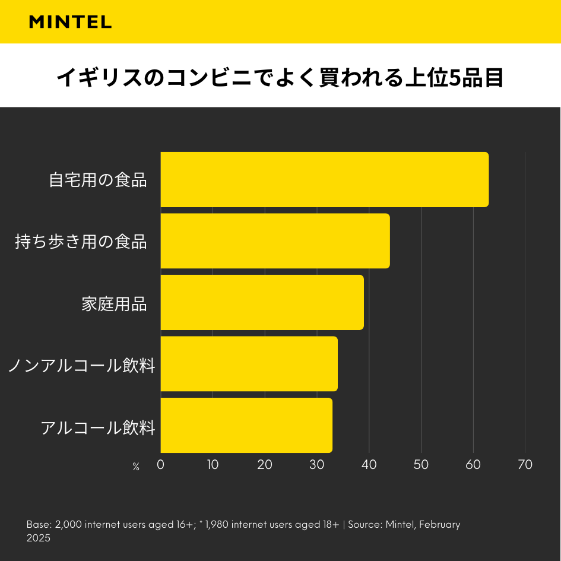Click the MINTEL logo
[x=70, y=22]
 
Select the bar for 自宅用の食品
[x=324, y=179]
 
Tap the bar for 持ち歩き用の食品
[x=275, y=241]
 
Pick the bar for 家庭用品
[x=262, y=302]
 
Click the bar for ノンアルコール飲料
[x=249, y=364]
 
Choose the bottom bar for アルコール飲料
[x=246, y=425]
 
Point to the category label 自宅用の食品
[x=98, y=180]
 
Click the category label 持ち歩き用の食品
[x=81, y=242]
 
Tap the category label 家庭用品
[x=114, y=303]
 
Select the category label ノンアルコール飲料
[x=81, y=365]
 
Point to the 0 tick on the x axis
[x=160, y=464]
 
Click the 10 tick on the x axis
[x=213, y=464]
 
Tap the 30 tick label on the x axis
[x=317, y=464]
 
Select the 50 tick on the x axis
[x=421, y=464]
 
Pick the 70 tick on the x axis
[x=525, y=464]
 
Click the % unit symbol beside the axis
[x=136, y=467]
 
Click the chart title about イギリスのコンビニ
[x=280, y=77]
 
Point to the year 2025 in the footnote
[x=39, y=538]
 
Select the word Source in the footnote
[x=365, y=525]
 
